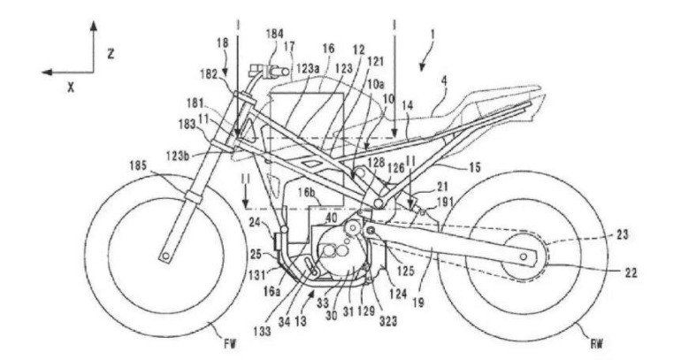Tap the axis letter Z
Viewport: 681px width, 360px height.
[x=110, y=53]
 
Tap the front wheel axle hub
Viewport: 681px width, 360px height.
[x=164, y=257]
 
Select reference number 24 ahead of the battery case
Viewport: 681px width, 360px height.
[x=253, y=222]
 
